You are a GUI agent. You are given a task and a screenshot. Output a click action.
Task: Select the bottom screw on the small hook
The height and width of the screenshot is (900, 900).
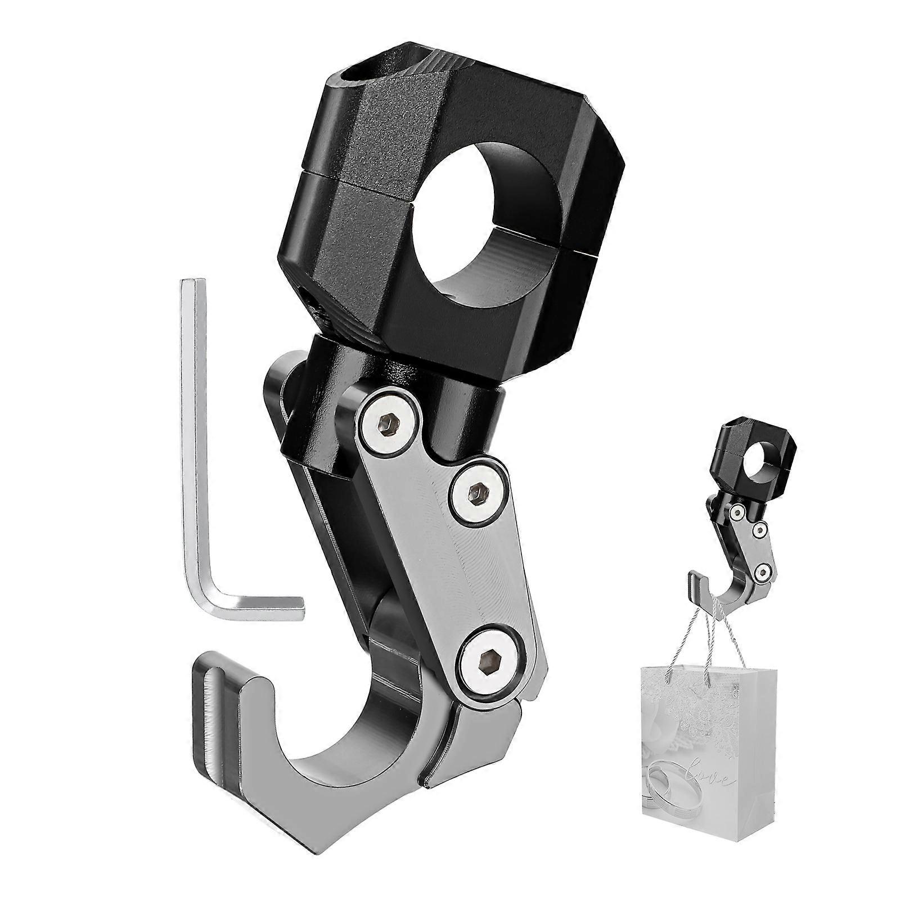[761, 573]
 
